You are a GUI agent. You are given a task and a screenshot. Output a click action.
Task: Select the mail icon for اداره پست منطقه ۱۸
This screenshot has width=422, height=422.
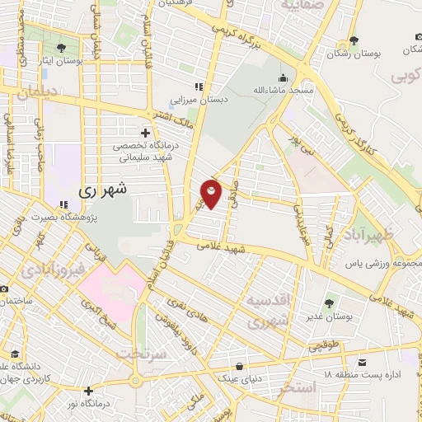pos(362,361)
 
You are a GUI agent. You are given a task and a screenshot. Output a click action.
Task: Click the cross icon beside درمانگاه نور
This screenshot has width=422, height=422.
pos(88,391)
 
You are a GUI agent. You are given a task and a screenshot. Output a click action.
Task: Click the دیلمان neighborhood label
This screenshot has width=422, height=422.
pos(33,93)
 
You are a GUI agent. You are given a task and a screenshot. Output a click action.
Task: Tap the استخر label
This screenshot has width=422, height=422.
pos(298,386)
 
